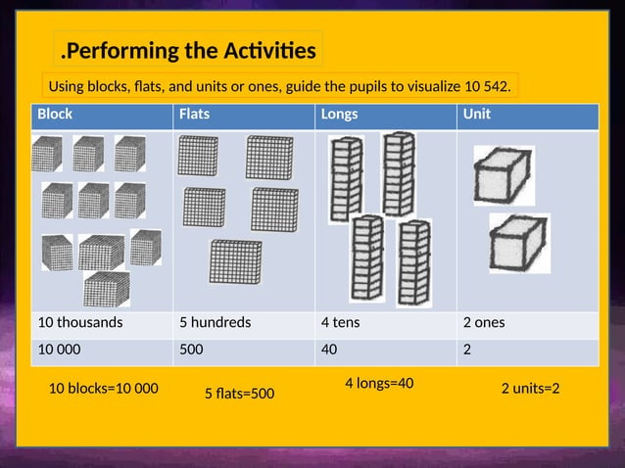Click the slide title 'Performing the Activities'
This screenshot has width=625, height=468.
(x=189, y=50)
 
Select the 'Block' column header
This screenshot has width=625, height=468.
(x=55, y=115)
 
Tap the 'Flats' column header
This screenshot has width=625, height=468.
(x=194, y=115)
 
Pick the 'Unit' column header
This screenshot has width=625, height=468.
(x=477, y=115)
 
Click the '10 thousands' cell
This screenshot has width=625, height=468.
(x=80, y=322)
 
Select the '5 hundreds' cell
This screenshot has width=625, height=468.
(x=215, y=322)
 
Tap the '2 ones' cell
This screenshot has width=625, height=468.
(x=484, y=322)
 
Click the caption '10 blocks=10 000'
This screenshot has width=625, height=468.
(x=103, y=389)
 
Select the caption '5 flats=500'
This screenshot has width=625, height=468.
(x=239, y=394)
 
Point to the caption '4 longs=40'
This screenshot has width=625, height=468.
(x=379, y=383)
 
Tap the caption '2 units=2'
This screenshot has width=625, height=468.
(x=530, y=389)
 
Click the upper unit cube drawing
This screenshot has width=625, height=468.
(x=504, y=175)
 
